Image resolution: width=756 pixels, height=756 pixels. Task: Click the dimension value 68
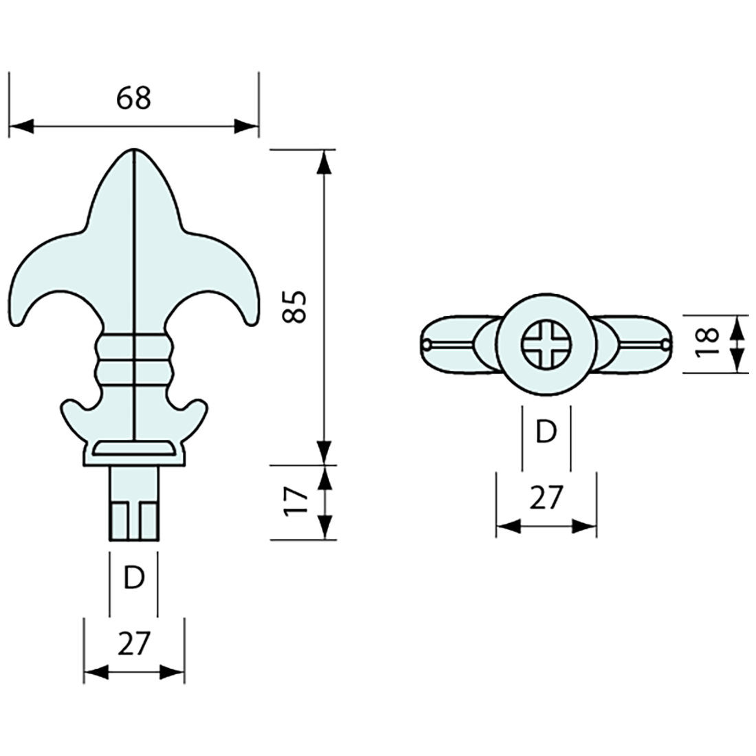click(133, 98)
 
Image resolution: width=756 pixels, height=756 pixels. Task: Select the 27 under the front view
click(133, 644)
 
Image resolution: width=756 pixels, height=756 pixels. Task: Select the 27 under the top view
click(546, 497)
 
